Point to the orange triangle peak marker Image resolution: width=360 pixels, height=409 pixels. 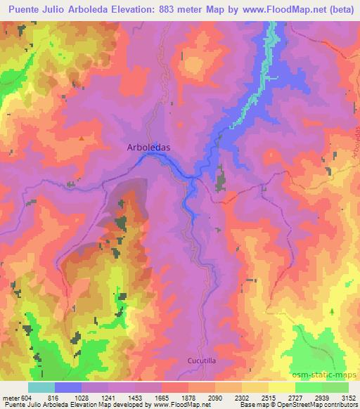pyautogui.click(x=82, y=138)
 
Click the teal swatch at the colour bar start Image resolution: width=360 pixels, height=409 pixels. pyautogui.click(x=41, y=388)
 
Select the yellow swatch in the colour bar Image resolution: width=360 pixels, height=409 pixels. pyautogui.click(x=281, y=388)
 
